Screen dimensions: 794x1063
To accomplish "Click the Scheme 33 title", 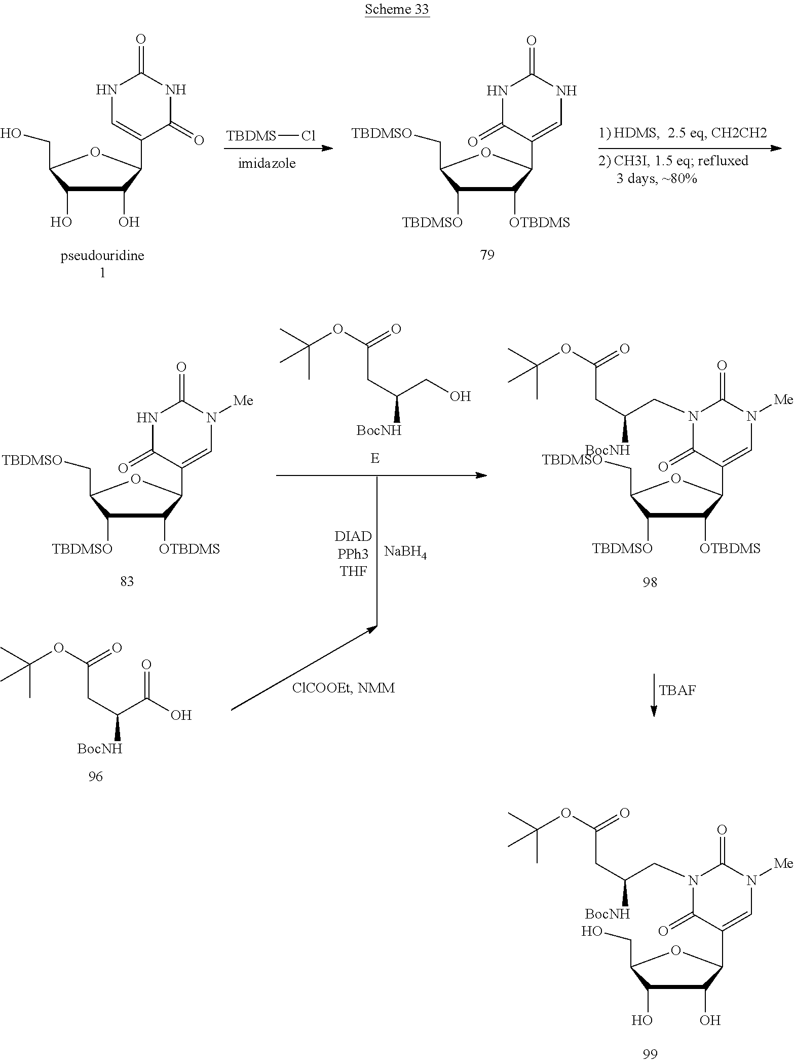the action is click(397, 9).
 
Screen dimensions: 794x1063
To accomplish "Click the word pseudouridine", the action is click(102, 255).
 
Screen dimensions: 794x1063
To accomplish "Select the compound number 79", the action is click(487, 254).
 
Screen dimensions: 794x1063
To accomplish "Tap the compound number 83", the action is click(127, 581).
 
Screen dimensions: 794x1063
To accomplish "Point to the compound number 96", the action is click(95, 776).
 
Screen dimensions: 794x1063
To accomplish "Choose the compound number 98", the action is click(650, 582).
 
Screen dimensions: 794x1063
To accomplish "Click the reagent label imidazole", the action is click(267, 163).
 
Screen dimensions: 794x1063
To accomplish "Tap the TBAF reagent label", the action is click(677, 690).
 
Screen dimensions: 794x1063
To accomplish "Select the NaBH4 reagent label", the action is click(405, 552).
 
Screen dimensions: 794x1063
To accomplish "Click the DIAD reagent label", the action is click(353, 536).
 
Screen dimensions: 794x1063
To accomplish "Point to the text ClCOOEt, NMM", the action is click(343, 688).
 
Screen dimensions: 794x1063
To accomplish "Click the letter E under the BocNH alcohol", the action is click(375, 458).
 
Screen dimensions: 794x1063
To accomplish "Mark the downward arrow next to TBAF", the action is click(654, 695).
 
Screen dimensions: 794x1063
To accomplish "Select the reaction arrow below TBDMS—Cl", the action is click(278, 149).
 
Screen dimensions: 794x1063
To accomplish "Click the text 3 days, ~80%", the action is click(656, 178).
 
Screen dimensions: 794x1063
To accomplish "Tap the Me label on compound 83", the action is click(243, 400).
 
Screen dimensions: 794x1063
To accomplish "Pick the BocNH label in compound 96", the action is click(100, 749).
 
